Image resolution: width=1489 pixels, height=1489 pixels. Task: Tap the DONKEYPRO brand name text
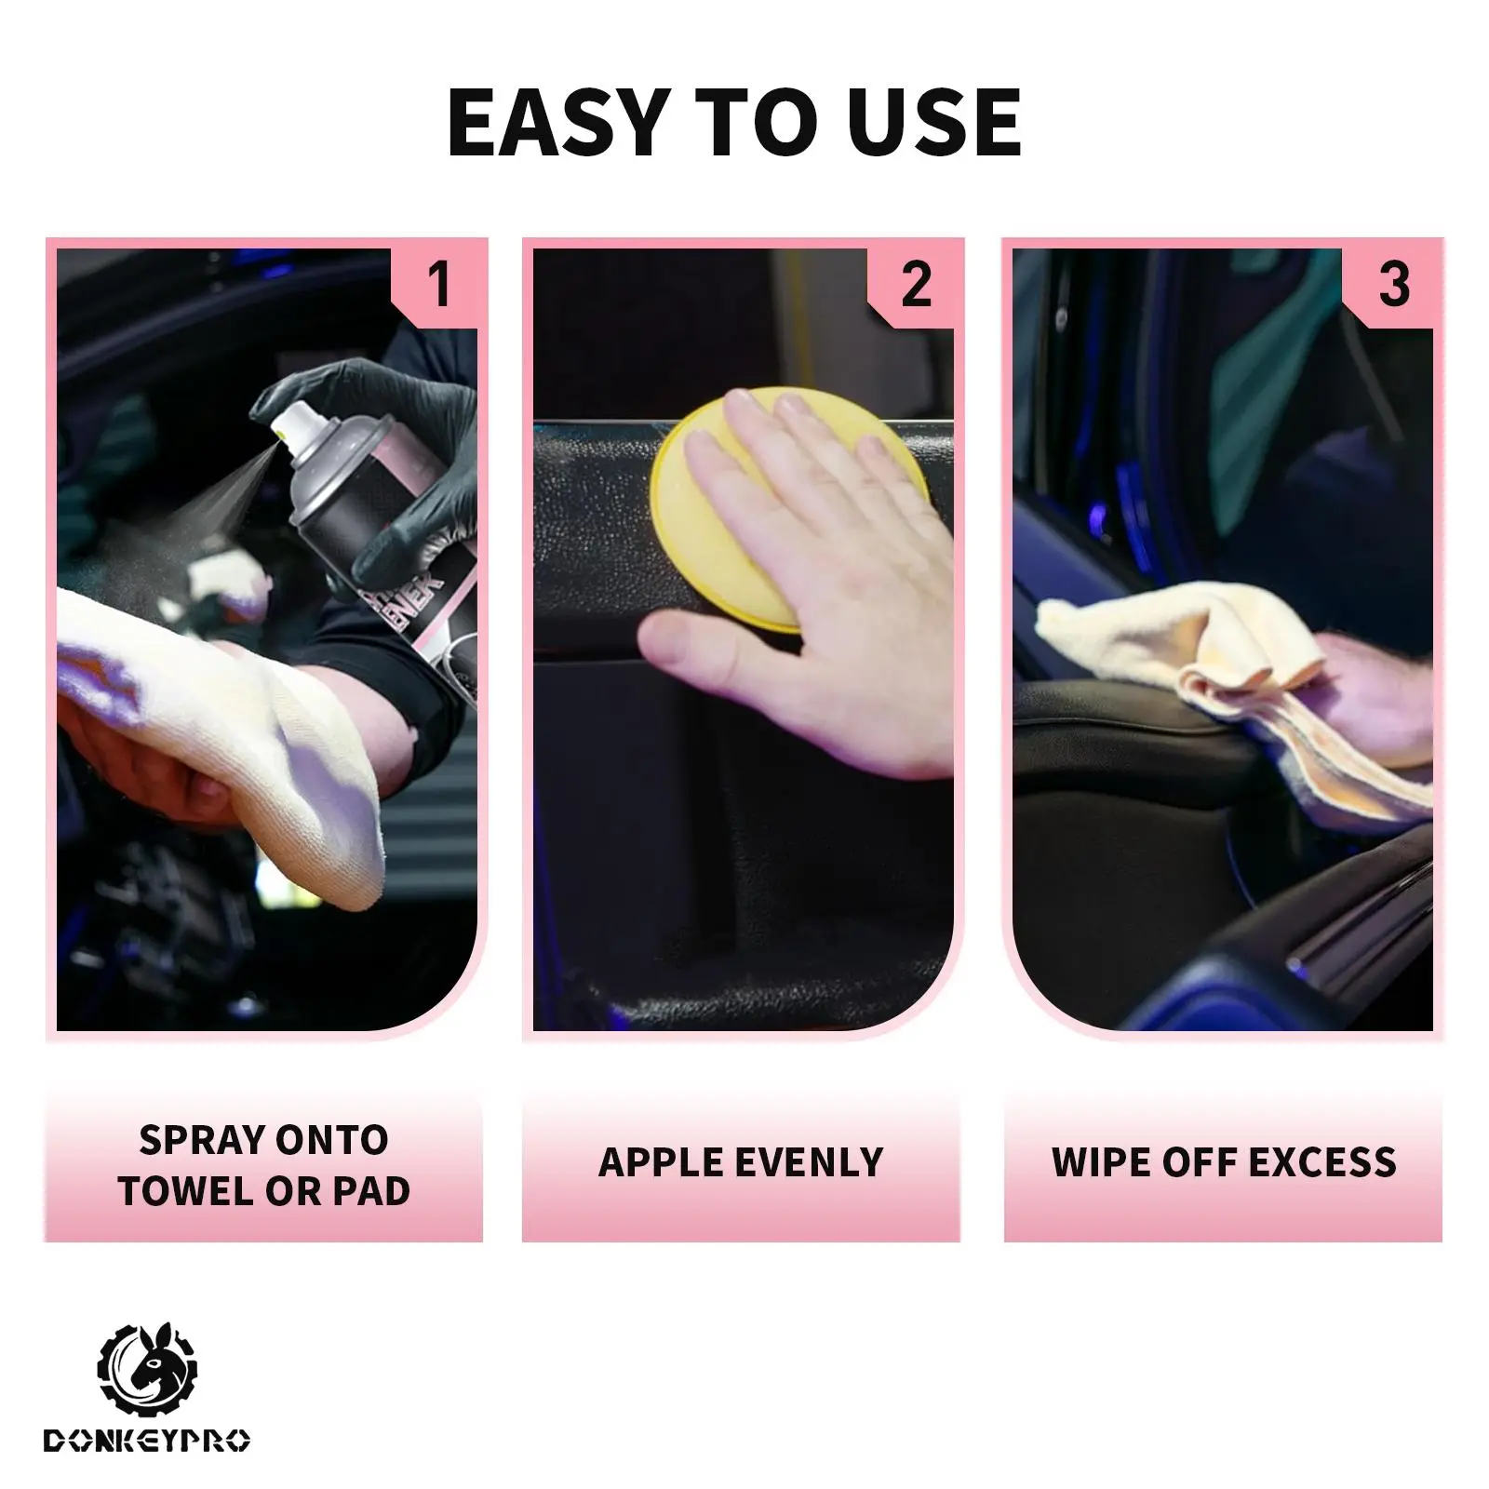pyautogui.click(x=147, y=1442)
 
